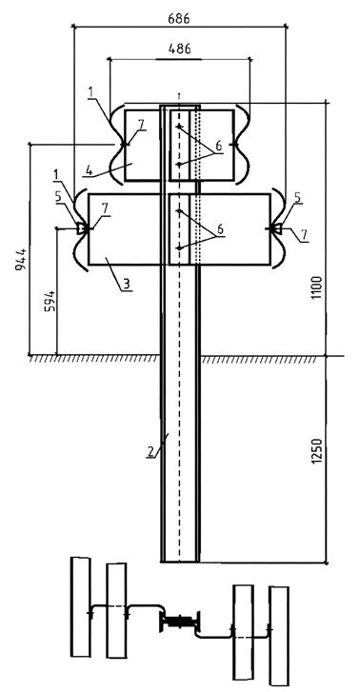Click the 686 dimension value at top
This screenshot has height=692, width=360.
pyautogui.click(x=179, y=18)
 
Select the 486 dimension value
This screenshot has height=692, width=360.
pyautogui.click(x=179, y=49)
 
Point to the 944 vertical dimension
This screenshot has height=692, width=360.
pyautogui.click(x=21, y=260)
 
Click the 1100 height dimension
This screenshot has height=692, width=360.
pyautogui.click(x=316, y=287)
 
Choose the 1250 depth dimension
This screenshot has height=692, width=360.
pyautogui.click(x=316, y=451)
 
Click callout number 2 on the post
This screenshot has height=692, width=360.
pyautogui.click(x=150, y=452)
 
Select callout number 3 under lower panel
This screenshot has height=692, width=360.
pyautogui.click(x=127, y=284)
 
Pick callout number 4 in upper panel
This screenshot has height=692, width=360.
pyautogui.click(x=90, y=170)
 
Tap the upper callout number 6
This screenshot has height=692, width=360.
pyautogui.click(x=217, y=146)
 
